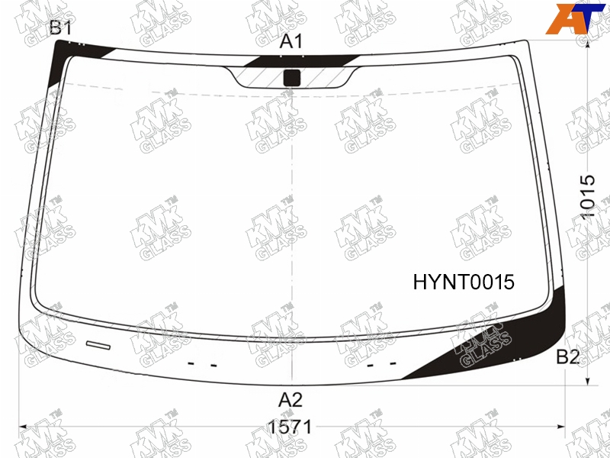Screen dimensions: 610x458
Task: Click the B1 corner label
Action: (x=61, y=28)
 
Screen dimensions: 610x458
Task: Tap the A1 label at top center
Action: (x=291, y=41)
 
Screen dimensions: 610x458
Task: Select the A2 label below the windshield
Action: (x=291, y=399)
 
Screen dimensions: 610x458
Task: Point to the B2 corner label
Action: (x=568, y=356)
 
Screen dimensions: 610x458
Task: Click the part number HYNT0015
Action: (x=464, y=282)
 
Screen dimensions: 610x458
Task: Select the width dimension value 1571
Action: (x=291, y=427)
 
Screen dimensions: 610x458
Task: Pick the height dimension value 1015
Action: (x=587, y=197)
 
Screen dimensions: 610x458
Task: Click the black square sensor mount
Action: (x=292, y=78)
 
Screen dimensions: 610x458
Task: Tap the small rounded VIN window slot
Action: (x=98, y=345)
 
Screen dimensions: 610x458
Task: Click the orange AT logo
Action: (x=576, y=18)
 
